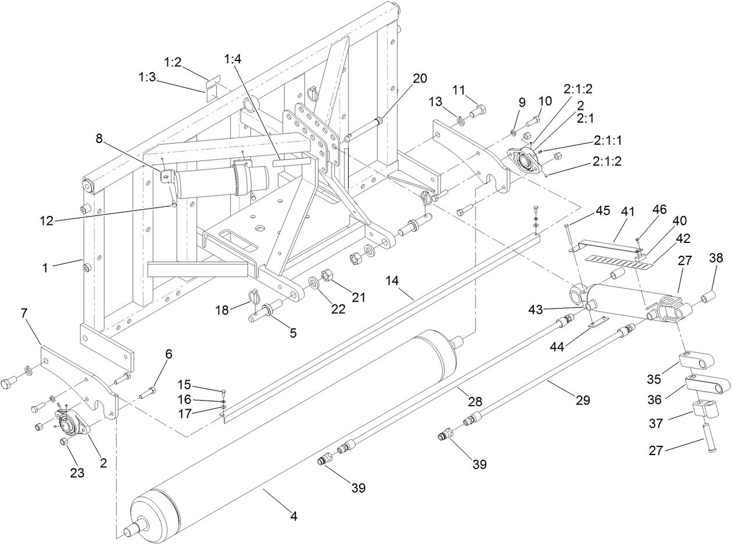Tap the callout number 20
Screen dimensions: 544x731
pyautogui.click(x=420, y=78)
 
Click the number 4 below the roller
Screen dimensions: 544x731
pyautogui.click(x=294, y=516)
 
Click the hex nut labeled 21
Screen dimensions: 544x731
pyautogui.click(x=326, y=274)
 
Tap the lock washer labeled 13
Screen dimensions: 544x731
pyautogui.click(x=462, y=121)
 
